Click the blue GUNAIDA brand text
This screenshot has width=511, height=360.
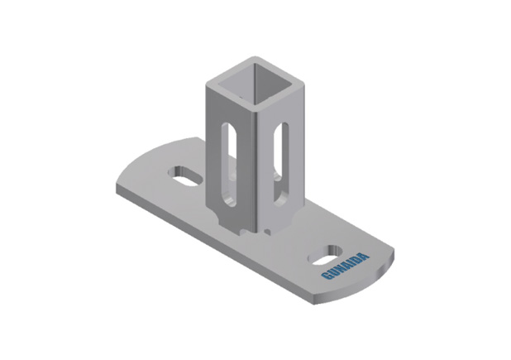point(346,266)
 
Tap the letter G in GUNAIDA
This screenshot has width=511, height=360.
point(326,276)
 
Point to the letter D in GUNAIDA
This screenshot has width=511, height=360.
point(358,259)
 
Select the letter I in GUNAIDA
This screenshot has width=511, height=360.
point(352,263)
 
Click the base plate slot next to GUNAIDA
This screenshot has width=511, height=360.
point(325,255)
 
